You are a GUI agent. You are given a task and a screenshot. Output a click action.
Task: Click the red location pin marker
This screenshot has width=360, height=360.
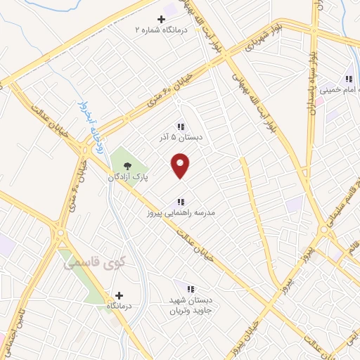[x=181, y=166]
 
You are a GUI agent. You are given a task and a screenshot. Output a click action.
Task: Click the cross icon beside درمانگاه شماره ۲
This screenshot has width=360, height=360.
[x=161, y=18]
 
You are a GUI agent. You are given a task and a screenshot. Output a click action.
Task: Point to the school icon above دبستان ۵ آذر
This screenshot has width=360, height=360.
[x=181, y=127]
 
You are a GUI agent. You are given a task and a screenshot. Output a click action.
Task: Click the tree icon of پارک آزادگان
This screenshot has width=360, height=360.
[x=127, y=166]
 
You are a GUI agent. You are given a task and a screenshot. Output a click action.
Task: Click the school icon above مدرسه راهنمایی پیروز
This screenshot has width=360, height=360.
[x=181, y=202]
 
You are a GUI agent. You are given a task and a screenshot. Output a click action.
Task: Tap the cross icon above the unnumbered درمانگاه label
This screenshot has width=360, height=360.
[x=119, y=296]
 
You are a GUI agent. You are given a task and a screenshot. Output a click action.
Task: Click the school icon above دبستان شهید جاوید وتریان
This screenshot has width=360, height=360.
[x=189, y=288]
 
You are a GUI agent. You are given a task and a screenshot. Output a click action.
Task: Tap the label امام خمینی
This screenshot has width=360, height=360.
[x=340, y=90]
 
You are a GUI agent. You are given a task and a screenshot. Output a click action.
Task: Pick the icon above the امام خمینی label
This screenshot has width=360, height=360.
[x=348, y=79]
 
